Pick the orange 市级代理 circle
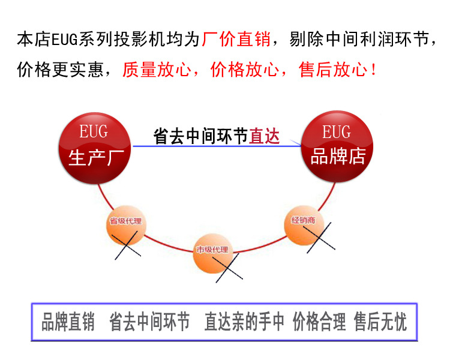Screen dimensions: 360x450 point(212,250)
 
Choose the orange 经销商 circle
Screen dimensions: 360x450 point(304,223)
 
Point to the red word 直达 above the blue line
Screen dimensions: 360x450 point(265,136)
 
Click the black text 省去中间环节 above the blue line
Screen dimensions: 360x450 point(201,136)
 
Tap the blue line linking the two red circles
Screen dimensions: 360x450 point(216,146)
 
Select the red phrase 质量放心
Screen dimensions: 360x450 point(157,70)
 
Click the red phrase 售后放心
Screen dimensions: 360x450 point(334,70)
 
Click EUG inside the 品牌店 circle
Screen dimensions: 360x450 point(337,132)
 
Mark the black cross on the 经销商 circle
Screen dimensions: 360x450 point(316,235)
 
